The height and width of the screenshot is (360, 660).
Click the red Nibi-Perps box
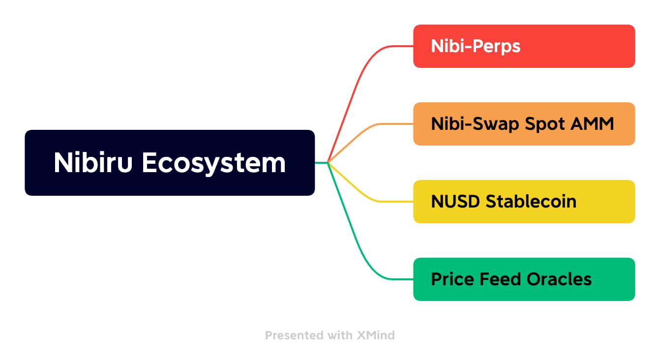(524, 46)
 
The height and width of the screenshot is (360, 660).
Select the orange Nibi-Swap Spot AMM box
(524, 124)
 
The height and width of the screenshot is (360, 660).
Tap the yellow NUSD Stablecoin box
(524, 202)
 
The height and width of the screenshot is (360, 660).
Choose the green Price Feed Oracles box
(524, 279)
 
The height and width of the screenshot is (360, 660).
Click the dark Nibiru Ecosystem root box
(170, 163)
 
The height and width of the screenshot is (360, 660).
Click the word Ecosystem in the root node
(214, 163)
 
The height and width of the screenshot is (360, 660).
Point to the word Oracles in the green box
(559, 279)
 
